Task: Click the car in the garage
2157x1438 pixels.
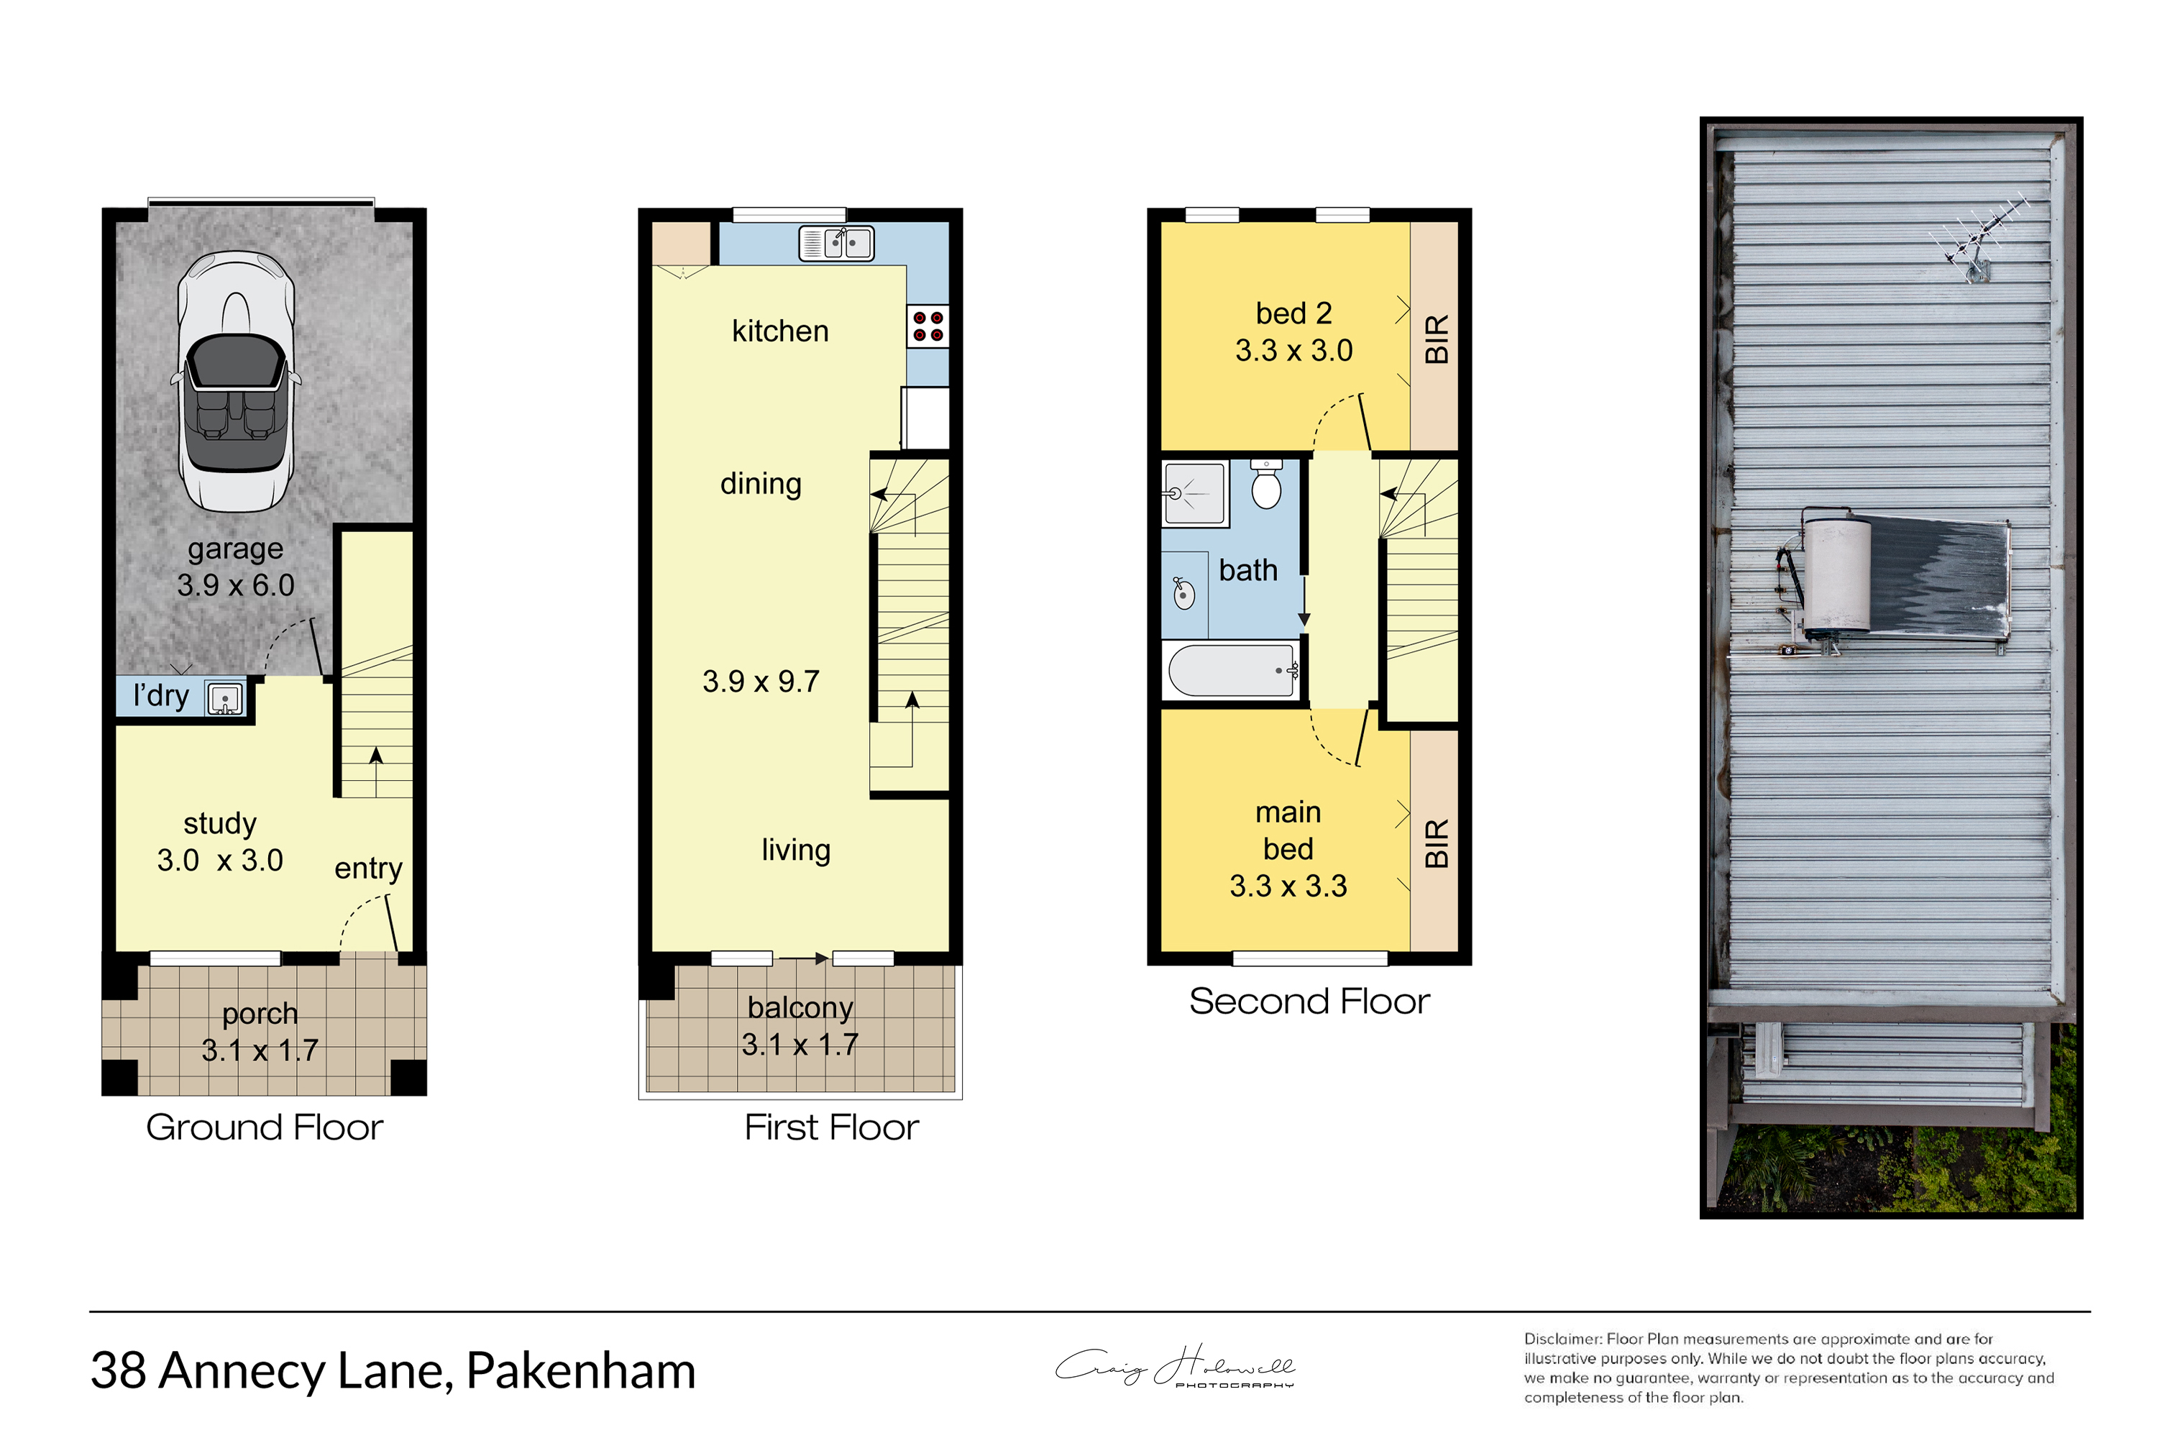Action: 237,382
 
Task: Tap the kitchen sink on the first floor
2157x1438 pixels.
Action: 836,243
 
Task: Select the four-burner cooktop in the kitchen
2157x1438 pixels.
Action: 928,326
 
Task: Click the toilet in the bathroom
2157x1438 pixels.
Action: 1266,483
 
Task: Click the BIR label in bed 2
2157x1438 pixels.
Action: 1436,339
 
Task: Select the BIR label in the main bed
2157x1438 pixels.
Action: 1436,843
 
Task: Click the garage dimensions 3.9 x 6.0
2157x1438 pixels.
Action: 236,585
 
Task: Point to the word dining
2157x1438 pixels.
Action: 761,484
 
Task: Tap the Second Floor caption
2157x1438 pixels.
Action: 1309,1002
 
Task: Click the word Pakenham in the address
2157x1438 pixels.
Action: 582,1371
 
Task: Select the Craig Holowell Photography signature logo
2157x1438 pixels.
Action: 1176,1368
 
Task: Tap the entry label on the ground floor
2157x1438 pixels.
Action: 369,869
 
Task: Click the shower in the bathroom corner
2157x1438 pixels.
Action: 1195,493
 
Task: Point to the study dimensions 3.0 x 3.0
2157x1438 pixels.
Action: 220,860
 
